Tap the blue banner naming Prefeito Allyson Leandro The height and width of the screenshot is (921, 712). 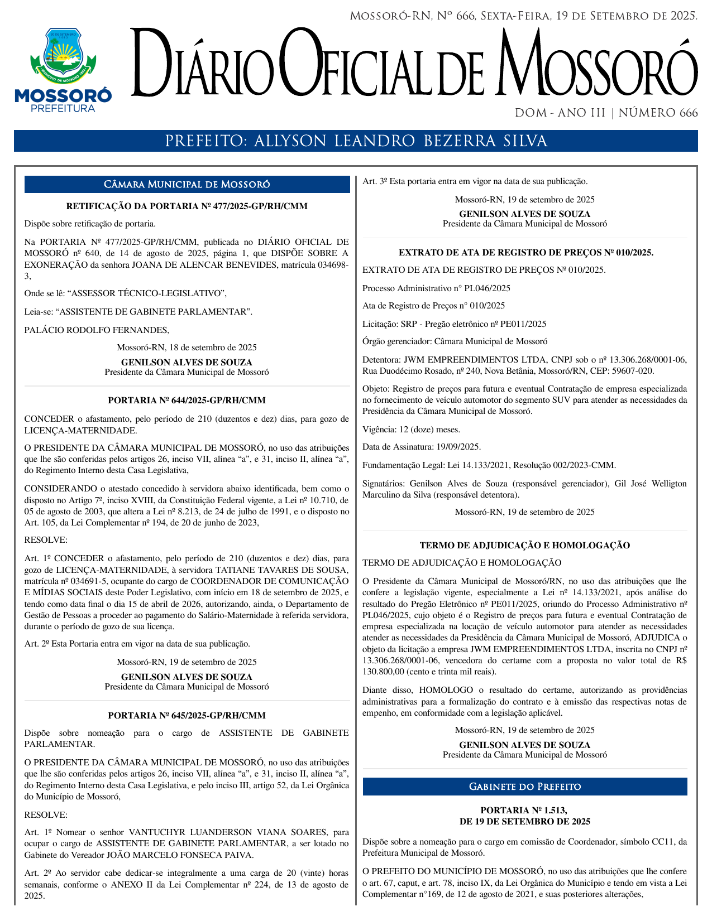[356, 141]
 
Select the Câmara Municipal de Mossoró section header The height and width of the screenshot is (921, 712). [187, 185]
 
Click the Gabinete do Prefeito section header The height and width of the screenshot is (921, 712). [525, 787]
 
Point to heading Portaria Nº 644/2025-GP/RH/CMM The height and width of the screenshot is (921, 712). [187, 401]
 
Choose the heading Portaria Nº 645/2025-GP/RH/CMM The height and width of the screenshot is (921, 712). [187, 716]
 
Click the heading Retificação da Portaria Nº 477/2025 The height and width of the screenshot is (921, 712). [187, 206]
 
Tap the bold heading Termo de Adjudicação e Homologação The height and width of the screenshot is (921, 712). [525, 546]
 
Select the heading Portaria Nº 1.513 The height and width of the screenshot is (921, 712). [525, 811]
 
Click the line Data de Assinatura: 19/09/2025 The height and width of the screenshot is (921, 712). [422, 447]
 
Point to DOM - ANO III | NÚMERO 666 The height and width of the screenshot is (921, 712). [606, 113]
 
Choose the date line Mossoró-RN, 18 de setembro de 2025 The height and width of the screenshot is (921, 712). [187, 348]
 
